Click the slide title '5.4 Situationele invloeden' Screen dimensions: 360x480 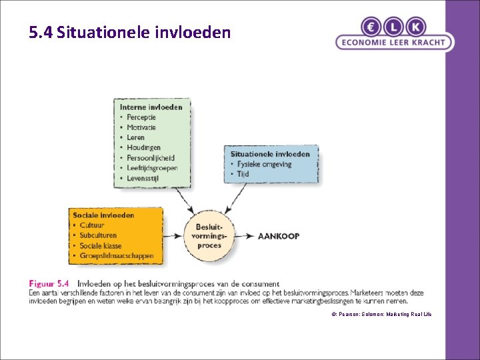(x=130, y=32)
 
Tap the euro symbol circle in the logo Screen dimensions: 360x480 (x=371, y=27)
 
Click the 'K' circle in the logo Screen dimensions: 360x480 (x=415, y=27)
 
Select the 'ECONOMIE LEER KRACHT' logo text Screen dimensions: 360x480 (x=393, y=43)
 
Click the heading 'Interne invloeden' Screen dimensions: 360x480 (x=151, y=107)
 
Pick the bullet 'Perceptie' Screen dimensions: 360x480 (x=141, y=117)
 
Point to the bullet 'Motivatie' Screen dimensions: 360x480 (x=141, y=127)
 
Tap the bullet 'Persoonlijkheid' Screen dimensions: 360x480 (x=151, y=158)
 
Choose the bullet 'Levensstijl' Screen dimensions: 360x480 (x=145, y=178)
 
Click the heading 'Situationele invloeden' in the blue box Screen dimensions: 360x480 (x=270, y=154)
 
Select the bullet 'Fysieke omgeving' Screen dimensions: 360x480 (x=264, y=164)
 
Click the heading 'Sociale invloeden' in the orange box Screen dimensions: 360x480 (x=103, y=215)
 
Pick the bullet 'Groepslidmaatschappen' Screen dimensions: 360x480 (x=117, y=255)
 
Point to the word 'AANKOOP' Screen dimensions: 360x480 (x=278, y=236)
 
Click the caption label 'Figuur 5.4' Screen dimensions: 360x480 (x=49, y=283)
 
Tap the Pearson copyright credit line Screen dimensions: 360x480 (x=382, y=313)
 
